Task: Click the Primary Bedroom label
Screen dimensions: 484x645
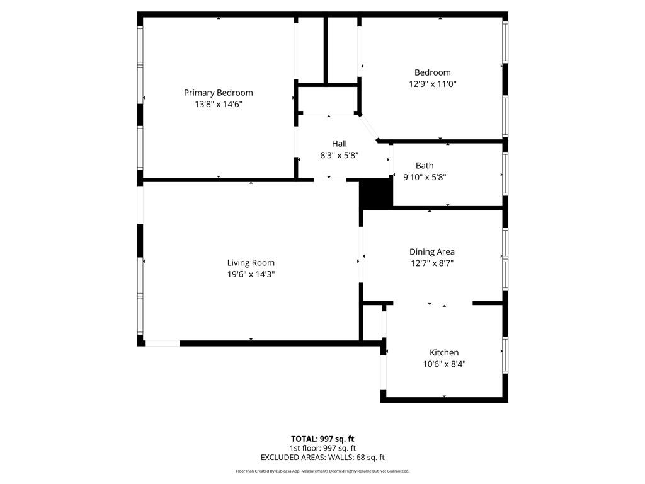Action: (218, 93)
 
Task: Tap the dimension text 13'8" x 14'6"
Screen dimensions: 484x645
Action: (218, 105)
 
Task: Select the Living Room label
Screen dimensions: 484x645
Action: (251, 263)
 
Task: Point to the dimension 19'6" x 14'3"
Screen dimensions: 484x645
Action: (251, 274)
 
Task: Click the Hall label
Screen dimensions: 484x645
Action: (339, 144)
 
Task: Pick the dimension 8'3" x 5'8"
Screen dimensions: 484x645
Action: (339, 155)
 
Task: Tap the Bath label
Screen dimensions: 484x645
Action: (425, 166)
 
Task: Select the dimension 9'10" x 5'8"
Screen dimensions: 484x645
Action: (425, 177)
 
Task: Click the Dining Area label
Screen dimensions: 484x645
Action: (431, 252)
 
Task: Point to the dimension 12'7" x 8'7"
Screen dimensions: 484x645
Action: (431, 263)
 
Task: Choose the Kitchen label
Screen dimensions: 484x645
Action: (444, 352)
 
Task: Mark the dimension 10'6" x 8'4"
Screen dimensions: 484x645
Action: (444, 364)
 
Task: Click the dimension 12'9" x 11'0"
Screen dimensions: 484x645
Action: (432, 84)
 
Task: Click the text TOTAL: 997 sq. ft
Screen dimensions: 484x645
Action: (322, 439)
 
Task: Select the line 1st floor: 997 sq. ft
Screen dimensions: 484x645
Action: (322, 448)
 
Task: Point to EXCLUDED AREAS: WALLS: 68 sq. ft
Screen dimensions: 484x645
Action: (322, 458)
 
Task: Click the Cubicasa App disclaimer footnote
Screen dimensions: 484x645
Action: (322, 471)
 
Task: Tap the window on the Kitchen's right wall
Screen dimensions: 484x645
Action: (505, 356)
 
